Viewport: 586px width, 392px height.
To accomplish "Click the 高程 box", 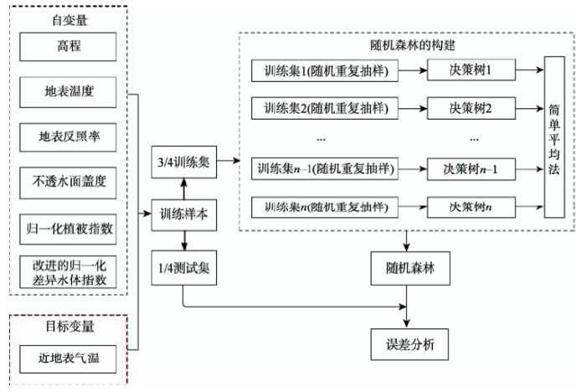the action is [68, 47].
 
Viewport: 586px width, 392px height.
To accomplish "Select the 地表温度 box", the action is [68, 92].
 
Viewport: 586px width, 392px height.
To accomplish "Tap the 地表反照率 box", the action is [68, 137].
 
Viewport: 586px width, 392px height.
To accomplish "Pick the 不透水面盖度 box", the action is [68, 183].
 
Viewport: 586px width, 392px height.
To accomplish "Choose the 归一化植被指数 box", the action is [68, 230].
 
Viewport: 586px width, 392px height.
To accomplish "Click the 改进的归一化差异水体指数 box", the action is [68, 272].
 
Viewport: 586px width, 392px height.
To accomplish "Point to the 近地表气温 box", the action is [68, 359].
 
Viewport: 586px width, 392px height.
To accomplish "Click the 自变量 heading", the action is [69, 20].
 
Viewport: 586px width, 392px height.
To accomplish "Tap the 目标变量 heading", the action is [69, 327].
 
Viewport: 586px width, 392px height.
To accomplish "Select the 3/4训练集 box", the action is [184, 162].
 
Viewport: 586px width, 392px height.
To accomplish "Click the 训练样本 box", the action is [184, 215].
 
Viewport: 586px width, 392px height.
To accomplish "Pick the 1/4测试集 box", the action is [184, 268].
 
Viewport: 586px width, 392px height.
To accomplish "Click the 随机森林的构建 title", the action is [413, 45].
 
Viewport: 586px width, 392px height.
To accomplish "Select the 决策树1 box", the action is [471, 70].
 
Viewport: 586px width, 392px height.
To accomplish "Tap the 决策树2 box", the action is [471, 109].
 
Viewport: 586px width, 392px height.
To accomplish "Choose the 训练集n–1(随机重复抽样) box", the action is [325, 169].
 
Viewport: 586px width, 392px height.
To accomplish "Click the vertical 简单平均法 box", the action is [554, 137].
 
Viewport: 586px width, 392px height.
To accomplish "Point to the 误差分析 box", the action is [409, 344].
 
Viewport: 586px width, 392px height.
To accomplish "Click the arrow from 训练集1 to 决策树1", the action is [413, 70].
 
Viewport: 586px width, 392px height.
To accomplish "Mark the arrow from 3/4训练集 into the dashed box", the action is [229, 161].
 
